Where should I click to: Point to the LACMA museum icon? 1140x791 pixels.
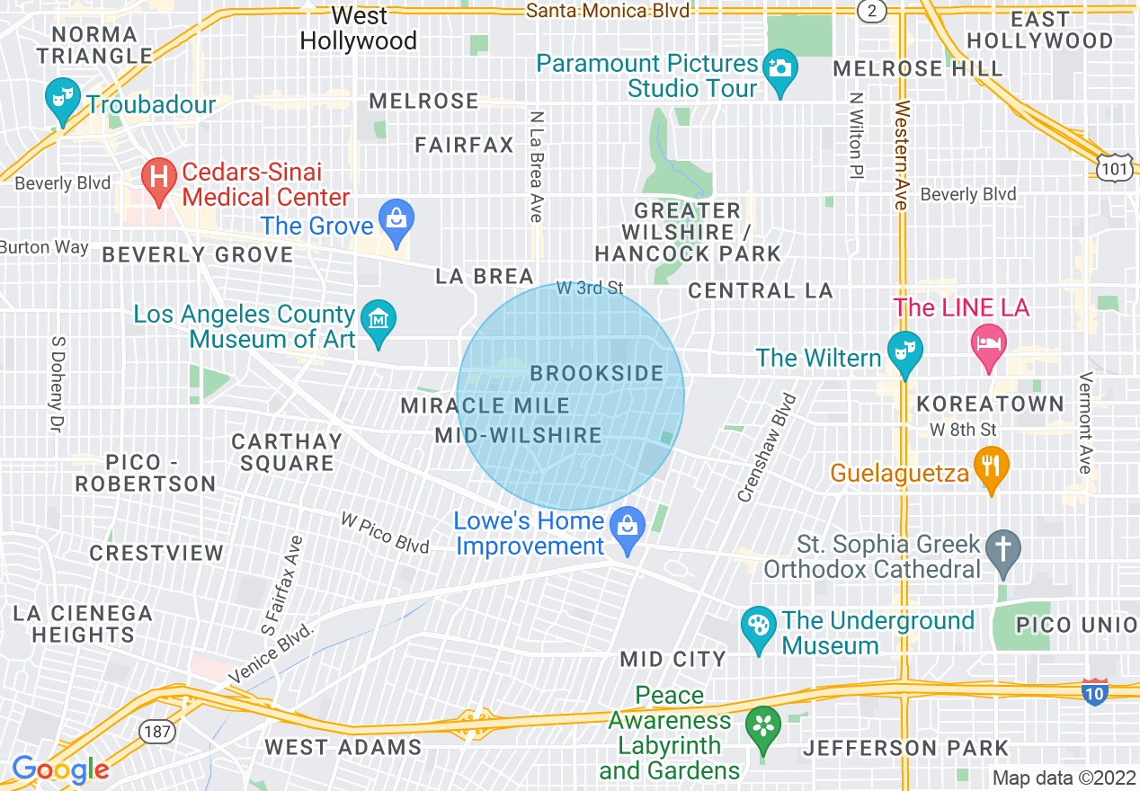(379, 320)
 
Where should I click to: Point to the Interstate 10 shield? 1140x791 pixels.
(1094, 692)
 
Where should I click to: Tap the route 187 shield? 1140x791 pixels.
(156, 731)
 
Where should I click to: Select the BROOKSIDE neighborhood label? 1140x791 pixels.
(597, 373)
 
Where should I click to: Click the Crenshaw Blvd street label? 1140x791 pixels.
(766, 447)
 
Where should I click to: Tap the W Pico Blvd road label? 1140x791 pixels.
(385, 532)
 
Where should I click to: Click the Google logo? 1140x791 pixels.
(60, 770)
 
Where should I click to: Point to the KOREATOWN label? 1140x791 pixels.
(990, 404)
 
